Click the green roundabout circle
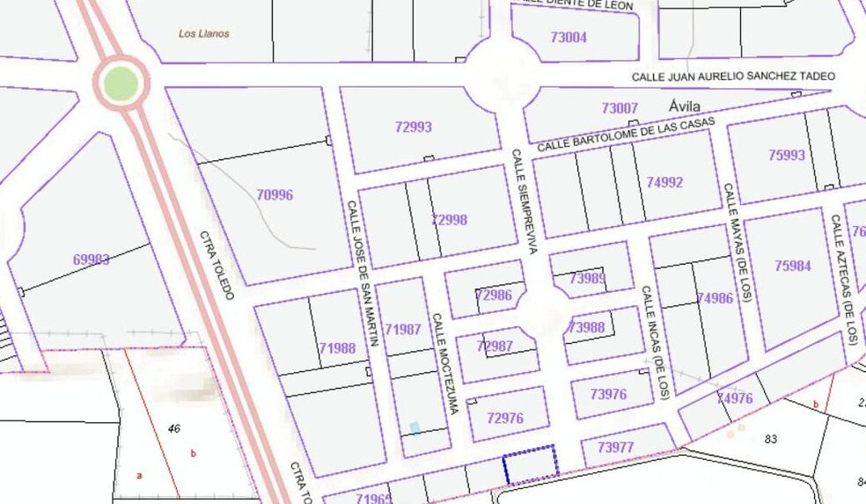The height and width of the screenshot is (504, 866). [x=121, y=84]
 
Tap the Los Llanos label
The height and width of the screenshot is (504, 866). [x=203, y=34]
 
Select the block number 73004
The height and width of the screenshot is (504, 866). [x=568, y=38]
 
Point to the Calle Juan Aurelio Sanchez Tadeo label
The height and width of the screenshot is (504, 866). [x=733, y=77]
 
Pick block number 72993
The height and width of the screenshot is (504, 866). [x=413, y=127]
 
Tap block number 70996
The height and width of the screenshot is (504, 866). [x=275, y=195]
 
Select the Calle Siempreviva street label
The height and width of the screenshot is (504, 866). [x=523, y=202]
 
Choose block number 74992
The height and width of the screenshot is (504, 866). [x=664, y=183]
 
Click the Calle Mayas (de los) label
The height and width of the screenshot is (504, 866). [x=737, y=242]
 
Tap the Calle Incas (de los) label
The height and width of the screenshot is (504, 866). [x=655, y=341]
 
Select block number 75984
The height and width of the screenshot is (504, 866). [x=792, y=266]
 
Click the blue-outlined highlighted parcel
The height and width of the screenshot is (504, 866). [x=529, y=464]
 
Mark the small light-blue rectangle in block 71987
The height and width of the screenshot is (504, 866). [x=415, y=428]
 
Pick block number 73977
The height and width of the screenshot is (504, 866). [x=615, y=448]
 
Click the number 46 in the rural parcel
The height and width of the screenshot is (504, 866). [x=173, y=429]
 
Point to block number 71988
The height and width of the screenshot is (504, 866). [x=337, y=348]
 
